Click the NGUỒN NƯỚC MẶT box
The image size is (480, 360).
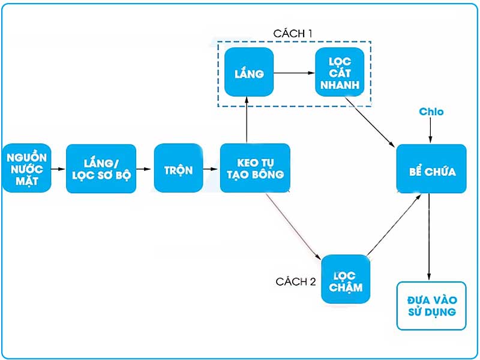pyautogui.click(x=27, y=169)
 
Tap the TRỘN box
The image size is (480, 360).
pyautogui.click(x=178, y=169)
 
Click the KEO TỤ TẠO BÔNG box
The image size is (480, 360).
pyautogui.click(x=255, y=169)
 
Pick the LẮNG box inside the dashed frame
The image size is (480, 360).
pyautogui.click(x=249, y=73)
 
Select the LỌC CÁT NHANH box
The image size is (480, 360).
pyautogui.click(x=340, y=73)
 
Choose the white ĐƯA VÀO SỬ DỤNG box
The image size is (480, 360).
pyautogui.click(x=431, y=305)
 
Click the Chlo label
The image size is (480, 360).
pyautogui.click(x=431, y=112)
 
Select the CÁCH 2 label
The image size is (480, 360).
pyautogui.click(x=295, y=281)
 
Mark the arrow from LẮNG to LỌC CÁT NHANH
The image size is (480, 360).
pyautogui.click(x=294, y=73)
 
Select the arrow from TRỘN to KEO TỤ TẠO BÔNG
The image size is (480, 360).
pyautogui.click(x=211, y=169)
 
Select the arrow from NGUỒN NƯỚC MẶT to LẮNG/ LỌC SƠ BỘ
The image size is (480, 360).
pyautogui.click(x=58, y=169)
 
